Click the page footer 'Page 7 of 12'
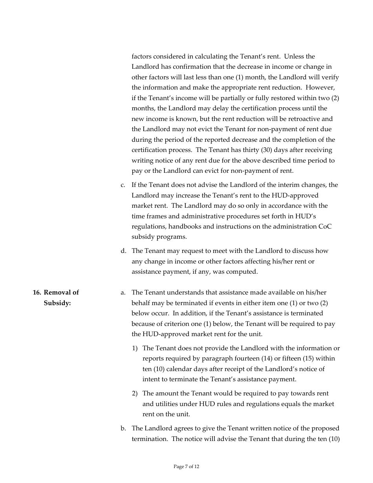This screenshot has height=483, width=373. (x=186, y=467)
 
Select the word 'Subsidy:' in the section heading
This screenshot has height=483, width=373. (x=57, y=303)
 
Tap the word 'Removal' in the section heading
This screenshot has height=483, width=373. (x=61, y=293)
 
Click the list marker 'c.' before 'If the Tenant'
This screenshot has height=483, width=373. (x=123, y=185)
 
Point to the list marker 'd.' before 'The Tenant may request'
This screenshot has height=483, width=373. (x=123, y=251)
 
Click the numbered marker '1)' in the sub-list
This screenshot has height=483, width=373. (x=135, y=348)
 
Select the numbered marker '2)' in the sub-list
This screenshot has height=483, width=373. (x=135, y=393)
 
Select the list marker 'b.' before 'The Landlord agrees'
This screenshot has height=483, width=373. (x=123, y=428)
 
